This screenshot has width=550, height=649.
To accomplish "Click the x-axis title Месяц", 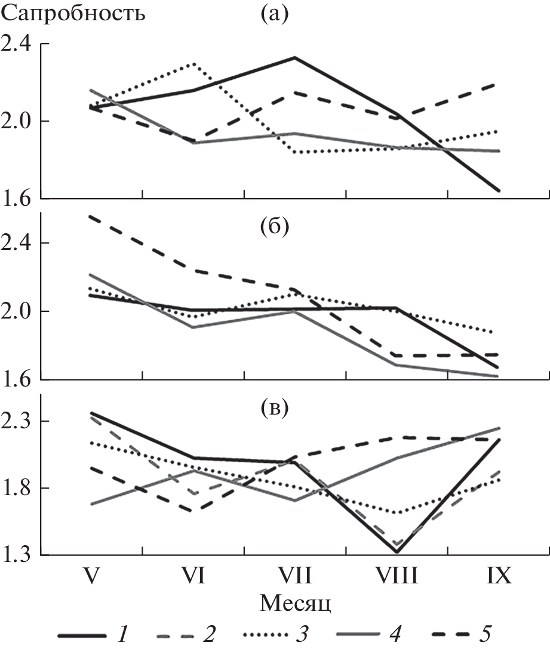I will [296, 603].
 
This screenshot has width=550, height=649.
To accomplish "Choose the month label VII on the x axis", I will [294, 577].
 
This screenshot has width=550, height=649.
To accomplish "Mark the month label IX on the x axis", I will [498, 577].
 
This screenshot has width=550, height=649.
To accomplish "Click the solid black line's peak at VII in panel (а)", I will [294, 57].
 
